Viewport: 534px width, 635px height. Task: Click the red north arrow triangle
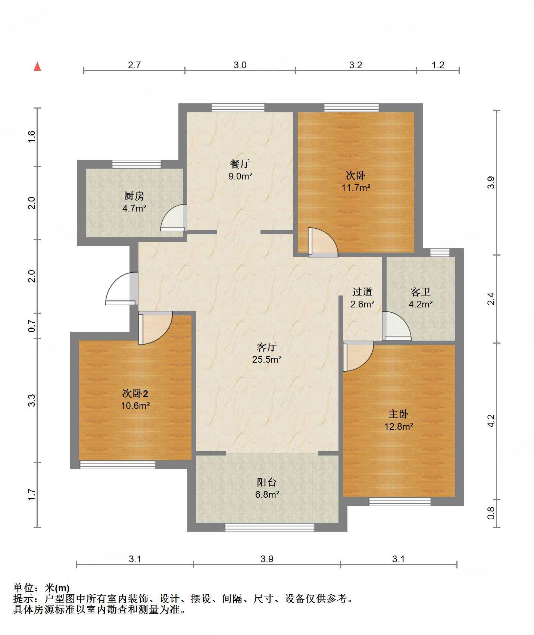click(37, 67)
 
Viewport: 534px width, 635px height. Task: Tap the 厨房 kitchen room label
click(134, 196)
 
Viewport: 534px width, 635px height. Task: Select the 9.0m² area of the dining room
click(240, 176)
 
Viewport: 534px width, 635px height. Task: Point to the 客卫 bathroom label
click(421, 292)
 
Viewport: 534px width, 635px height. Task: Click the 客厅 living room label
click(267, 347)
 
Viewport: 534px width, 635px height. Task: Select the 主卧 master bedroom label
click(399, 414)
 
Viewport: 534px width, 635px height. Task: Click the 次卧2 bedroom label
click(135, 394)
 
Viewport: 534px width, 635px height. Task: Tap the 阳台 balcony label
click(267, 482)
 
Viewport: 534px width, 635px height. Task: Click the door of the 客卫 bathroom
click(396, 326)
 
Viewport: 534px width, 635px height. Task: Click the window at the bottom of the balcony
click(269, 527)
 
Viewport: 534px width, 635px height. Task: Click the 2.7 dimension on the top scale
click(134, 65)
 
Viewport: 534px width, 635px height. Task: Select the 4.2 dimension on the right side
click(491, 421)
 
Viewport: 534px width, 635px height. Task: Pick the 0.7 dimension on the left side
click(32, 326)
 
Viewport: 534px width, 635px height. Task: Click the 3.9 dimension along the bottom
click(267, 559)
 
